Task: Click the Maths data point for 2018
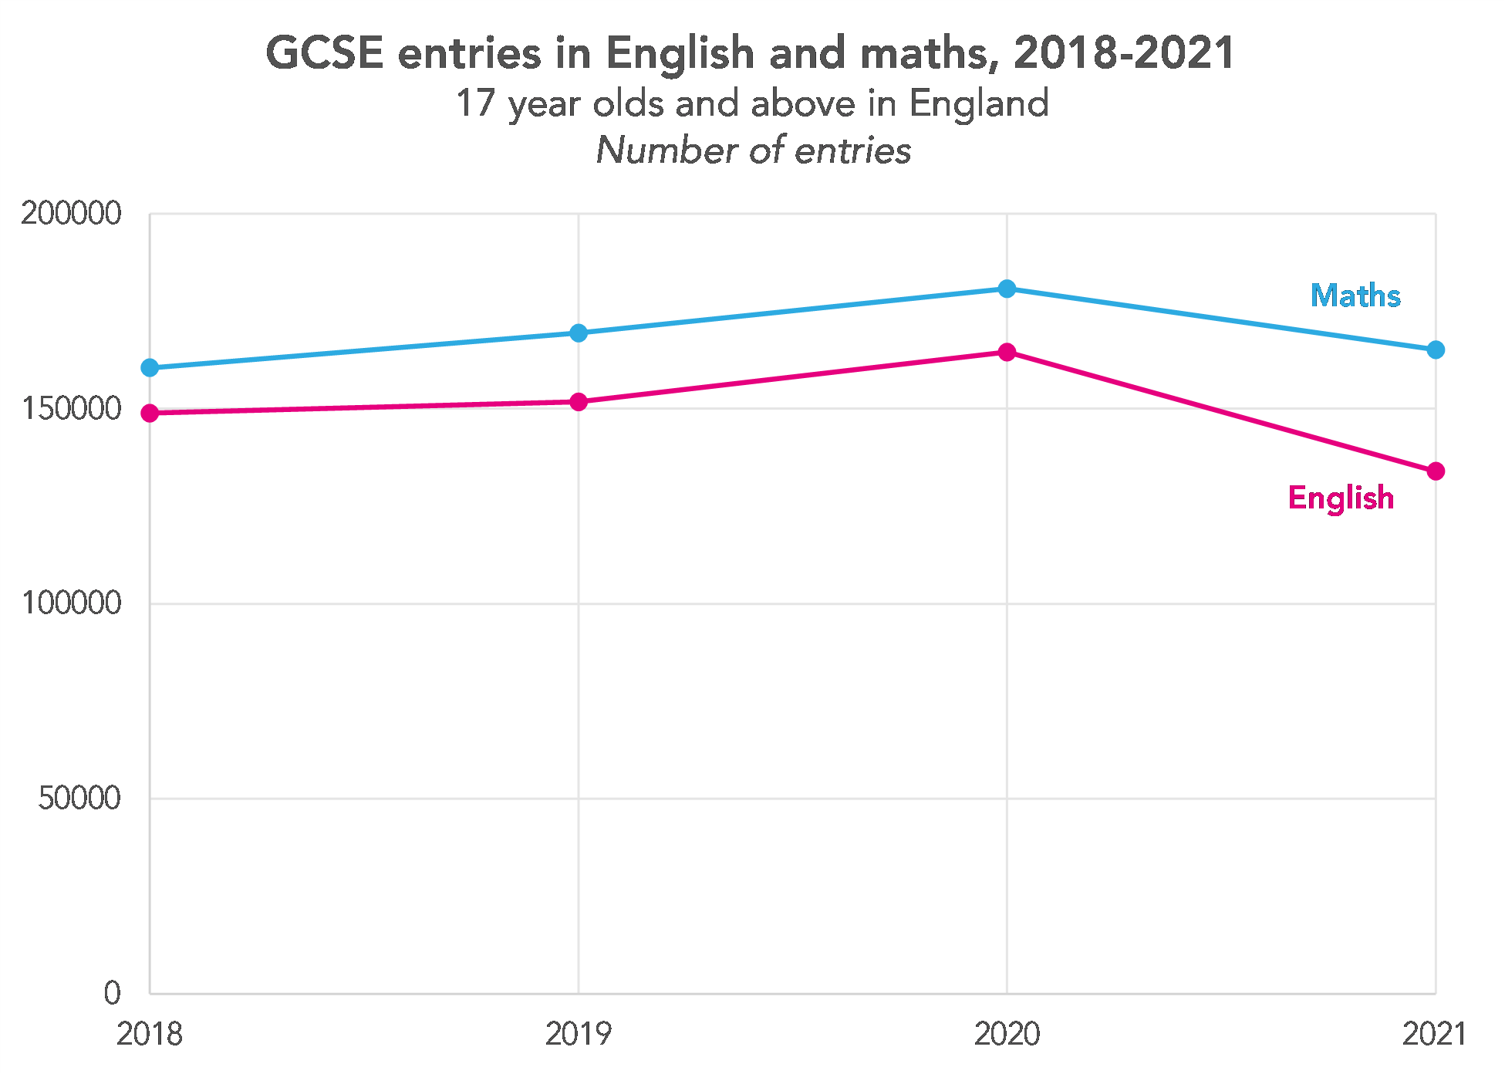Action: pos(150,368)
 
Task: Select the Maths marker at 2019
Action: pos(579,333)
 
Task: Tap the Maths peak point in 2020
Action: pos(1007,289)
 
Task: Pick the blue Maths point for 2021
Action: pos(1435,350)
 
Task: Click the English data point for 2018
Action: pos(150,414)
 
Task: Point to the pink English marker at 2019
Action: pos(579,402)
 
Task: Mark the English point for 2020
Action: pos(1007,353)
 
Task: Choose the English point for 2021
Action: pos(1435,471)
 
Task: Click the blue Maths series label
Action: pos(1355,296)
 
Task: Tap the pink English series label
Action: pos(1341,498)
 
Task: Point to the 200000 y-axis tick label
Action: pos(71,214)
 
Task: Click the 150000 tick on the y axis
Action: pos(71,409)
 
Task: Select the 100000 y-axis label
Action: pos(71,603)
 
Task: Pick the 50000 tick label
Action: pos(79,799)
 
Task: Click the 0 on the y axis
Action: pos(113,993)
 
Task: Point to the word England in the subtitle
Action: pos(978,103)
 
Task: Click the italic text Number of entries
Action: pos(753,150)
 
